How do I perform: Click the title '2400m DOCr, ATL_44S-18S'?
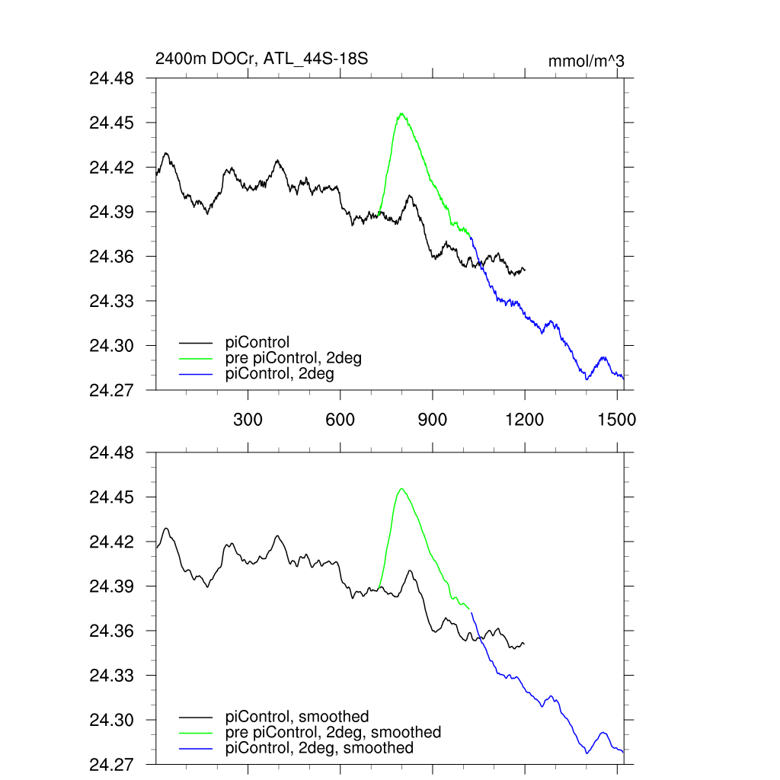click(x=262, y=59)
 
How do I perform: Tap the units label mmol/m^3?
click(x=586, y=61)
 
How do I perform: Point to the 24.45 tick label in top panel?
click(x=112, y=123)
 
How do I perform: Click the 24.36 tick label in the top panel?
click(x=112, y=257)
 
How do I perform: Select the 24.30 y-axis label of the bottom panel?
click(x=112, y=720)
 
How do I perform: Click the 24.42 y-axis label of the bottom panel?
click(x=112, y=542)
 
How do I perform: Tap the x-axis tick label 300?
click(x=248, y=420)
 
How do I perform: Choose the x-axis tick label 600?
click(x=340, y=420)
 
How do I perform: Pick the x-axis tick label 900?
click(x=433, y=420)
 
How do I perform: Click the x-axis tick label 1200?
click(x=525, y=420)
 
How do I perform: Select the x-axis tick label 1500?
click(x=617, y=420)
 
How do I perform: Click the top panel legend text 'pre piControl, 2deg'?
click(x=293, y=358)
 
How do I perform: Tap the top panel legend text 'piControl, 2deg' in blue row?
click(x=280, y=374)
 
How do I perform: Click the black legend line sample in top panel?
click(x=196, y=343)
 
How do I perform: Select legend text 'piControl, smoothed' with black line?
click(x=297, y=717)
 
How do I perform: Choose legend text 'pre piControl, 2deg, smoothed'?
click(x=333, y=732)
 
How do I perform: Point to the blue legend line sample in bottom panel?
click(x=196, y=748)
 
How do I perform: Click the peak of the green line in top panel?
click(x=401, y=113)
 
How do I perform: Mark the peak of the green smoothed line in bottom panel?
click(x=401, y=488)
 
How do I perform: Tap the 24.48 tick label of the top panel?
click(x=112, y=78)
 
